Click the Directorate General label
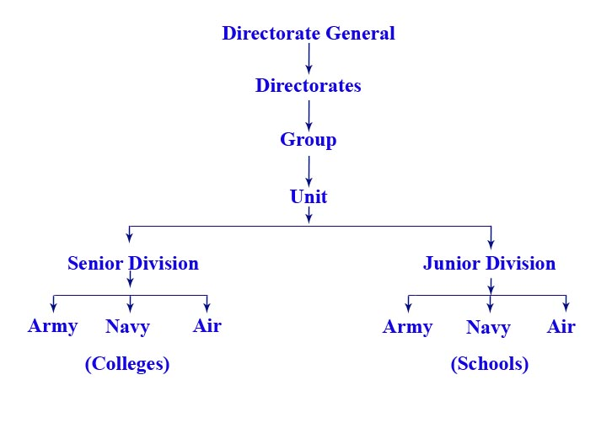click(x=309, y=34)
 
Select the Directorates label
click(x=309, y=86)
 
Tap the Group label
click(x=309, y=140)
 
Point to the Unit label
click(x=309, y=197)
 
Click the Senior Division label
click(x=133, y=264)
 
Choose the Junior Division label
click(x=489, y=264)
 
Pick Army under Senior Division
click(x=53, y=326)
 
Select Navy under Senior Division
click(x=128, y=327)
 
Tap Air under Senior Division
click(x=207, y=326)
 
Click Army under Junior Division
click(x=408, y=327)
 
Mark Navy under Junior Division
click(x=489, y=328)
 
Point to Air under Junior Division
click(x=561, y=327)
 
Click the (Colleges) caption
click(x=127, y=365)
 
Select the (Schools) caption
click(x=490, y=365)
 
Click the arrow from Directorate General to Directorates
click(x=309, y=58)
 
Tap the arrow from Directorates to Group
click(x=309, y=114)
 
